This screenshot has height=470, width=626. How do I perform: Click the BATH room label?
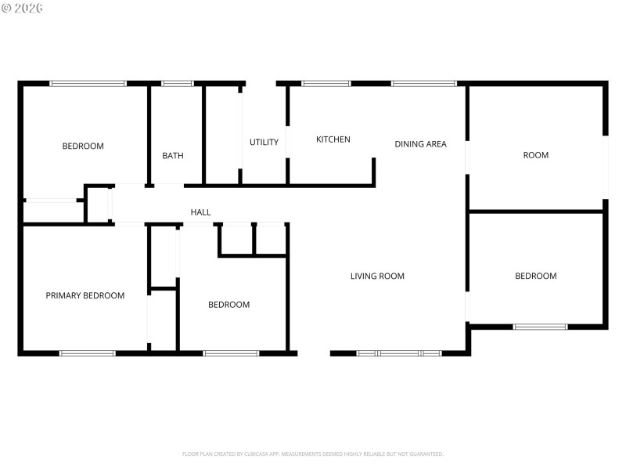[x=173, y=156]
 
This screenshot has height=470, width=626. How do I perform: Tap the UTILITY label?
[x=264, y=143]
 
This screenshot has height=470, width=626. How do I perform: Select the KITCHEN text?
[x=333, y=139]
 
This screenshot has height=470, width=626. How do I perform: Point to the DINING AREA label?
[x=420, y=144]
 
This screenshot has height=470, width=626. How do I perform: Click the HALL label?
[x=201, y=212]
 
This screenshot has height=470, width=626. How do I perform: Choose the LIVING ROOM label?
[x=377, y=276]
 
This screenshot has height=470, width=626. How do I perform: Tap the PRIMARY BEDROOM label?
[x=85, y=295]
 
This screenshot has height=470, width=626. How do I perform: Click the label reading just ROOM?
[x=536, y=155]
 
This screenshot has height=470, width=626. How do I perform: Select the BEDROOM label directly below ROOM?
[x=536, y=276]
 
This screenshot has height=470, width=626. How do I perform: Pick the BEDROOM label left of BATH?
[x=83, y=146]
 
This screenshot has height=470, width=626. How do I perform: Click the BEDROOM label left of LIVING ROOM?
[x=228, y=305]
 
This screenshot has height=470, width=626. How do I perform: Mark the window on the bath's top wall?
[x=178, y=83]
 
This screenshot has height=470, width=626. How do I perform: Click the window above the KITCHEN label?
[x=326, y=83]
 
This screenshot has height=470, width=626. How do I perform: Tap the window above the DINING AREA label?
[x=423, y=83]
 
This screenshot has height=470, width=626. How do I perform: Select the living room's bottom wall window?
[x=399, y=353]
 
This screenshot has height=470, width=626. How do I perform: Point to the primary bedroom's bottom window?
[x=88, y=353]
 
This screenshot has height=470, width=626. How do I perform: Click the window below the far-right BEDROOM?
[x=540, y=327]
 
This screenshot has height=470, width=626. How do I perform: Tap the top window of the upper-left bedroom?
[x=88, y=83]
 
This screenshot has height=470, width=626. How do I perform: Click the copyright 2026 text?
[x=23, y=8]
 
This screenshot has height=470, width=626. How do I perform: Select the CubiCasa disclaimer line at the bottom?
[x=313, y=454]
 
